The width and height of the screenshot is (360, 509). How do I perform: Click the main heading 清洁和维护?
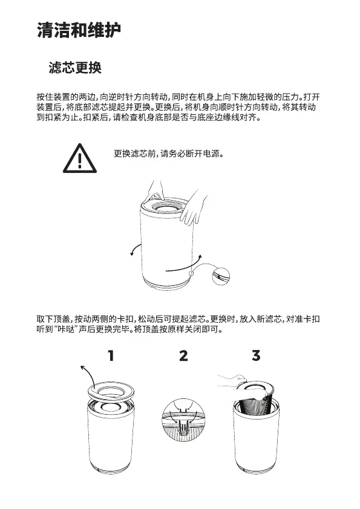(79, 30)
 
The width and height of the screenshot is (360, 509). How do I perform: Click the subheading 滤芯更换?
(75, 68)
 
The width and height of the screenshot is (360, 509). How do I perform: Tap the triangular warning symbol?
(80, 158)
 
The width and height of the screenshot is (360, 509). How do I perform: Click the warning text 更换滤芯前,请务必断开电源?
(169, 153)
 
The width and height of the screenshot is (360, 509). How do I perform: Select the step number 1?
(111, 355)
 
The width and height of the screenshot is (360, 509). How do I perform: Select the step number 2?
(183, 355)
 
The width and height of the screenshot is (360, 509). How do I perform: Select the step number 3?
(256, 355)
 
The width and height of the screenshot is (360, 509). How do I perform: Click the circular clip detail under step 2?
(183, 420)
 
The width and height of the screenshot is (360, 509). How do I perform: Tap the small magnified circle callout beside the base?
(221, 276)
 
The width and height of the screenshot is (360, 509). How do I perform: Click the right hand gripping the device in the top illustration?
(194, 208)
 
